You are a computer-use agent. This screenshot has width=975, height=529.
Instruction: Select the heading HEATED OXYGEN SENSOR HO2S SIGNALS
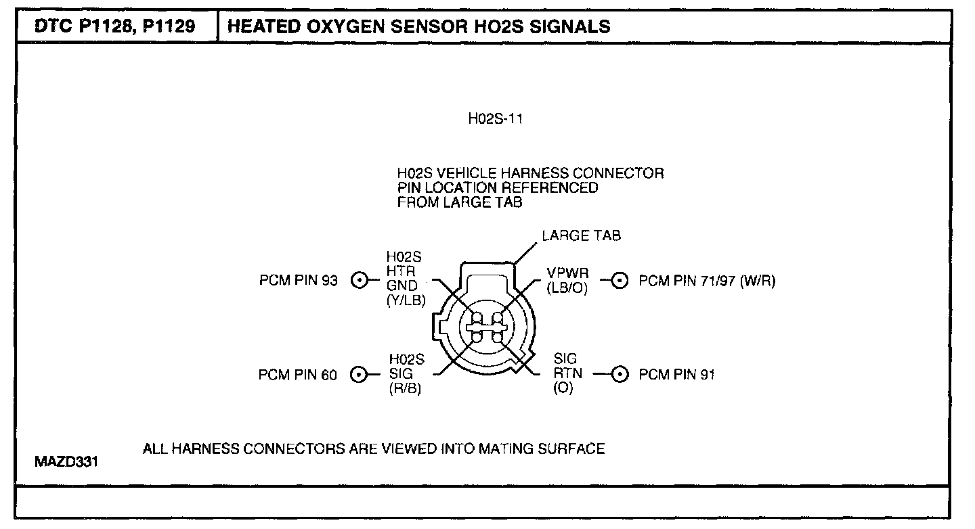[x=419, y=27]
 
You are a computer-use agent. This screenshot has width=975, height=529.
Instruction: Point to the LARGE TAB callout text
[x=581, y=236]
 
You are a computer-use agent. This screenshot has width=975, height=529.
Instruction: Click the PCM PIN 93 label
[x=298, y=280]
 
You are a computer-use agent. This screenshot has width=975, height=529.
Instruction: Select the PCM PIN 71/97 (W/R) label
[x=707, y=280]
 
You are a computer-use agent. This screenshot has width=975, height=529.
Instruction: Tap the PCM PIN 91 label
[x=676, y=374]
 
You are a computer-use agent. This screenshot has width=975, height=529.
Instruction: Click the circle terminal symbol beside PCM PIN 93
[x=360, y=280]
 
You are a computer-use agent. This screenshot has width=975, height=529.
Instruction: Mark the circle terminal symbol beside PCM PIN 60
[x=360, y=374]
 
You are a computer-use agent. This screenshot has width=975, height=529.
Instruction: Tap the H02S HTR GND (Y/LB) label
[x=406, y=279]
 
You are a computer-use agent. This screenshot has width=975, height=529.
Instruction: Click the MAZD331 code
[x=66, y=463]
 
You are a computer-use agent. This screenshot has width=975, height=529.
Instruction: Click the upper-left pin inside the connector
[x=477, y=318]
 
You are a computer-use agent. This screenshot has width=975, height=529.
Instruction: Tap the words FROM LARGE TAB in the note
[x=460, y=202]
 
